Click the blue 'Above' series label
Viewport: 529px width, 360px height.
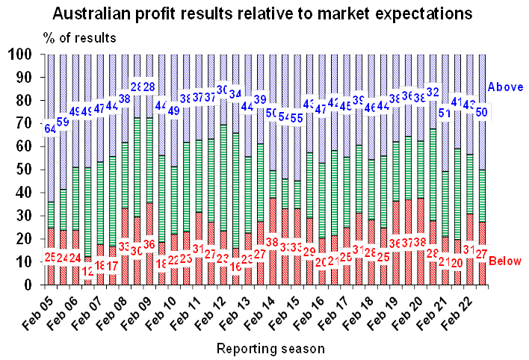[504, 87]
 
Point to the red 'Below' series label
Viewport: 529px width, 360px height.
[505, 261]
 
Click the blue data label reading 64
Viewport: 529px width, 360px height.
[50, 128]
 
